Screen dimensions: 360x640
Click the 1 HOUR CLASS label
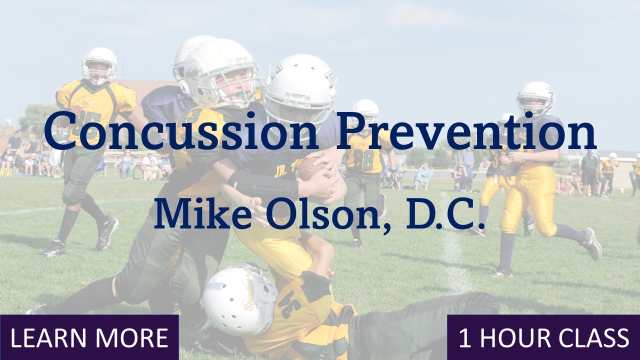(543, 338)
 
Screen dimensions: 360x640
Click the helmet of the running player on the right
(535, 98)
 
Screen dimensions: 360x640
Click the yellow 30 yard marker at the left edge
(5, 172)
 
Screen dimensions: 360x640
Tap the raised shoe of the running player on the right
(592, 243)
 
